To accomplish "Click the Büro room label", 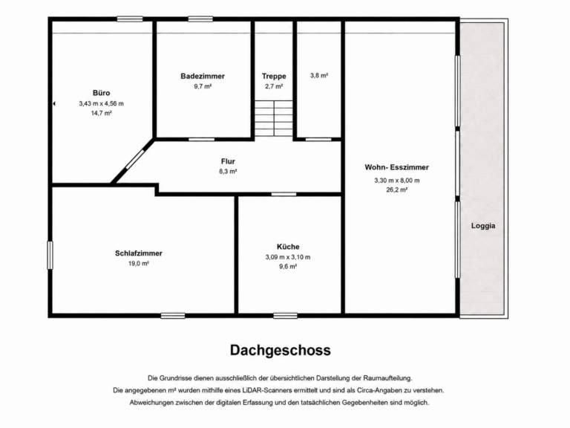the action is click(x=101, y=93).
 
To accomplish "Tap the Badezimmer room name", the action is click(x=203, y=76).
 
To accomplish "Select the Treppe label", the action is click(x=274, y=76).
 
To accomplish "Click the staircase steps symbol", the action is click(x=274, y=118).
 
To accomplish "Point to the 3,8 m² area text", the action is click(x=319, y=75).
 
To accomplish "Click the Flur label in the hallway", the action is click(x=228, y=161).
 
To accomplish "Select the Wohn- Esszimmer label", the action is click(x=396, y=167).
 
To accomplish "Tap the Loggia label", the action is click(x=483, y=226).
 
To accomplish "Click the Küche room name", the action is click(x=288, y=247).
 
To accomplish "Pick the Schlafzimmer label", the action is click(x=139, y=253).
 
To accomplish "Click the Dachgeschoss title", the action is click(x=281, y=350).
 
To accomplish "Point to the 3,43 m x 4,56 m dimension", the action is click(x=101, y=104).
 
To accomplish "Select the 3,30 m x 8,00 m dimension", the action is click(x=396, y=181).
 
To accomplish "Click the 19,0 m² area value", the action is click(x=139, y=264).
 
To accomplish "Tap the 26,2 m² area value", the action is click(x=396, y=189).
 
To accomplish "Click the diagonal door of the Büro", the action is click(x=135, y=159).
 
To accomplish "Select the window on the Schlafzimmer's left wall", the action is click(x=50, y=255).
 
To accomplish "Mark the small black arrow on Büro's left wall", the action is click(x=54, y=104).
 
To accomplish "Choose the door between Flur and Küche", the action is click(x=284, y=194).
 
